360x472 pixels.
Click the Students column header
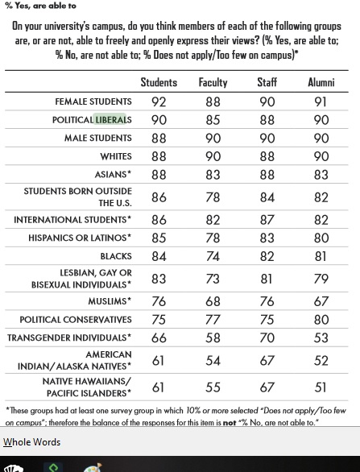[x=159, y=82]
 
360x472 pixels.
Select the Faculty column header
[x=213, y=82]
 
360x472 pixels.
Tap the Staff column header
[x=267, y=82]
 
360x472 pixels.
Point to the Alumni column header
[x=321, y=82]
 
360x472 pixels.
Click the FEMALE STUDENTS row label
[x=93, y=101]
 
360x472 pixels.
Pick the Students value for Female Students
[x=159, y=102]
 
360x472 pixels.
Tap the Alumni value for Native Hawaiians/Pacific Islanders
[x=321, y=387]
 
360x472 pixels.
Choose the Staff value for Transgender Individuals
[x=267, y=339]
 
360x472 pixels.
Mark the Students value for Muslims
[x=159, y=301]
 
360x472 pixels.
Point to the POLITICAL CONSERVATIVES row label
[x=76, y=320]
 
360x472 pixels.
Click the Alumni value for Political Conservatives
[x=321, y=320]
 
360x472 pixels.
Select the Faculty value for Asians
[x=213, y=174]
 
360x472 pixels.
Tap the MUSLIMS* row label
[x=110, y=301]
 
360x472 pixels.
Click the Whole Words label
[x=32, y=441]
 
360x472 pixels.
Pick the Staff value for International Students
[x=267, y=219]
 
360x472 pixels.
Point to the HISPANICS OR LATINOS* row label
[x=80, y=238]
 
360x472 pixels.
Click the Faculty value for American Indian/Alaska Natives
[x=213, y=361]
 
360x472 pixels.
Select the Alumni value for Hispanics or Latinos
[x=321, y=238]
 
